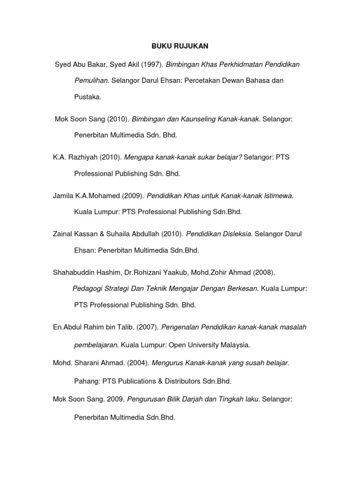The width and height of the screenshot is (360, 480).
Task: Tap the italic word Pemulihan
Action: [x=92, y=81]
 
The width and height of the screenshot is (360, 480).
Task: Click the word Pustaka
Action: [x=88, y=97]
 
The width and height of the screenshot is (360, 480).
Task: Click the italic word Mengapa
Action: [x=139, y=157]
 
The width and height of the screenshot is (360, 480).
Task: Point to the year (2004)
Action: [x=134, y=363]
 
